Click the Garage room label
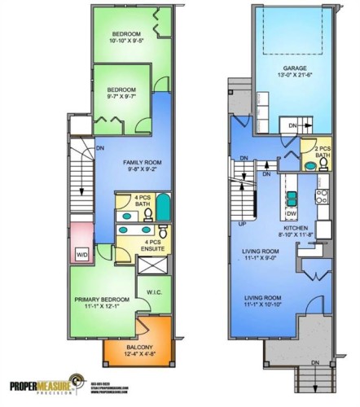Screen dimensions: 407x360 [294, 68]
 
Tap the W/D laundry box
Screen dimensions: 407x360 [82, 255]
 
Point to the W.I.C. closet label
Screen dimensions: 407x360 [156, 293]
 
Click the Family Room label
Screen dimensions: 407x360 [143, 163]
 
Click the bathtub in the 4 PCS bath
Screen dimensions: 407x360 [163, 210]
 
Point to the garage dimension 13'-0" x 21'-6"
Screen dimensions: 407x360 [294, 77]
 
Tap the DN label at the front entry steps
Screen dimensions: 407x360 [314, 362]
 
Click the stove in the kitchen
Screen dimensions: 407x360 [322, 196]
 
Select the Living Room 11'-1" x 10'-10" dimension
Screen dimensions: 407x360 [269, 306]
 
